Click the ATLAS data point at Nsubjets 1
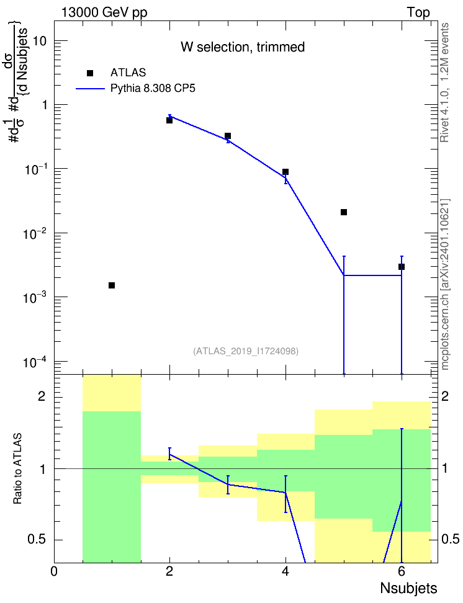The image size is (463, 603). click(112, 285)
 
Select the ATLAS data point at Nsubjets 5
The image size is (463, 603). click(344, 212)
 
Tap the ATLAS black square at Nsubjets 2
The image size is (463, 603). click(169, 120)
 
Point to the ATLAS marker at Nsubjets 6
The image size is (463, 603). click(402, 267)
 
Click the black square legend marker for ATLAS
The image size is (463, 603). click(90, 73)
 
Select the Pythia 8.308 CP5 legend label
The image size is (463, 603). click(153, 89)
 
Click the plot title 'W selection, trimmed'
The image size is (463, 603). click(243, 47)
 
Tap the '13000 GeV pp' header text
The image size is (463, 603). click(104, 12)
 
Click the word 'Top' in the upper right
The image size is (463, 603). click(418, 12)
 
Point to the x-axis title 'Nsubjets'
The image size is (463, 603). click(409, 588)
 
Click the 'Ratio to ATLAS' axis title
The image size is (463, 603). click(17, 469)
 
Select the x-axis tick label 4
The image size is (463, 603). click(285, 571)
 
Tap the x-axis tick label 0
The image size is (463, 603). click(54, 571)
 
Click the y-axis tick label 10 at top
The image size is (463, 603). click(40, 40)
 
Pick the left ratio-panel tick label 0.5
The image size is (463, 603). click(37, 540)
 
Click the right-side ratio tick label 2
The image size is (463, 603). click(445, 396)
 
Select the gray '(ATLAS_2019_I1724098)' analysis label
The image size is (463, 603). click(246, 351)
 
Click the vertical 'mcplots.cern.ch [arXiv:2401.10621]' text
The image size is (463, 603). click(445, 284)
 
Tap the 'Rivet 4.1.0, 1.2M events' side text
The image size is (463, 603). click(444, 83)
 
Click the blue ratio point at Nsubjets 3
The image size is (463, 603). click(228, 484)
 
